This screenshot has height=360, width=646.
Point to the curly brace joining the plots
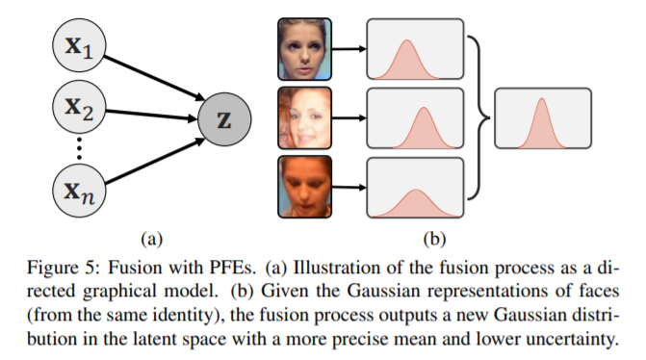pyautogui.click(x=478, y=119)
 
